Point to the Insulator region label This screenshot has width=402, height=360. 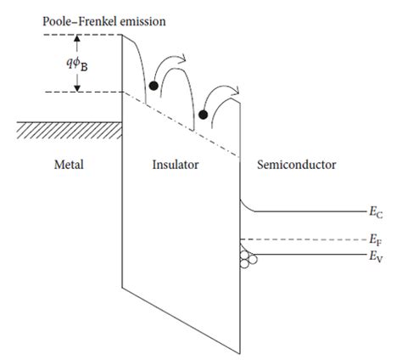pyautogui.click(x=176, y=164)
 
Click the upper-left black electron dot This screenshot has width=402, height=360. pyautogui.click(x=153, y=85)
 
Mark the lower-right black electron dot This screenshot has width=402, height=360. pyautogui.click(x=203, y=115)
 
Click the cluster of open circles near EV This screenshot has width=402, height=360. pyautogui.click(x=246, y=257)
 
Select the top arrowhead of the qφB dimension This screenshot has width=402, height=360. pyautogui.click(x=77, y=39)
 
